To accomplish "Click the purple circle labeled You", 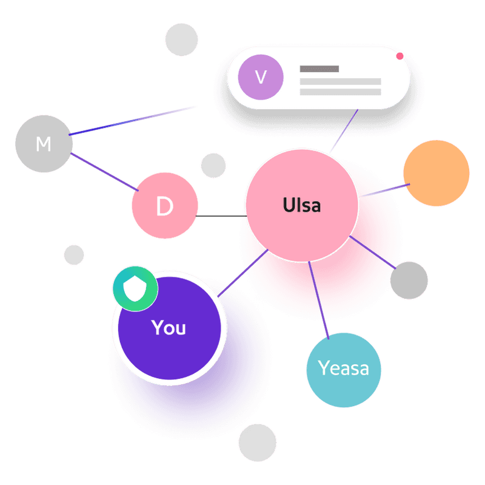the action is click(x=170, y=328).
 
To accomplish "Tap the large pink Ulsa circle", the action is click(x=302, y=205).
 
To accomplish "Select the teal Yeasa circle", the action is click(x=344, y=370).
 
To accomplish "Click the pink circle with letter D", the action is click(x=165, y=205).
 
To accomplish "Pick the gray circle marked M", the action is click(x=44, y=144).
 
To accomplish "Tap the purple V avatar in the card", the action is click(x=261, y=77).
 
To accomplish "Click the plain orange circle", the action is click(x=436, y=173).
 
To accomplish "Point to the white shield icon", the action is click(x=135, y=288).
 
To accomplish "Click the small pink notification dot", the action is click(x=400, y=56).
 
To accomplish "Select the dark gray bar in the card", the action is click(x=319, y=69).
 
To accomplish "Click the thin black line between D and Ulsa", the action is click(x=221, y=216).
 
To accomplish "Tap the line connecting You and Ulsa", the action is click(x=243, y=273).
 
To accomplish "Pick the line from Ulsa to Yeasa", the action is click(x=319, y=300).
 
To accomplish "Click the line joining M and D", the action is click(x=104, y=172).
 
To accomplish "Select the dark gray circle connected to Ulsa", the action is click(x=409, y=280).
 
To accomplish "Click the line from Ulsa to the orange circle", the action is click(x=385, y=190).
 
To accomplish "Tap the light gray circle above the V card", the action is click(x=181, y=39).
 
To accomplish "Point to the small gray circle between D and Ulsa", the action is click(x=213, y=165).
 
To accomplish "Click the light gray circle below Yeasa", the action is click(x=257, y=443).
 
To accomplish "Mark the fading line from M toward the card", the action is click(x=132, y=121).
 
